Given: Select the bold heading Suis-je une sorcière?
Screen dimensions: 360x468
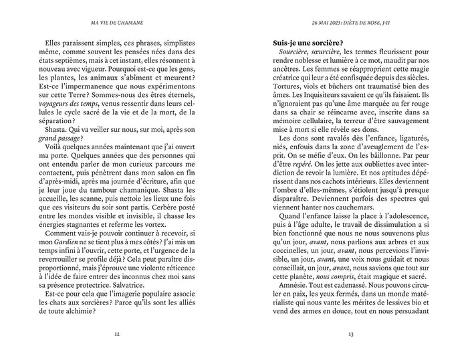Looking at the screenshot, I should click(309, 44).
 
